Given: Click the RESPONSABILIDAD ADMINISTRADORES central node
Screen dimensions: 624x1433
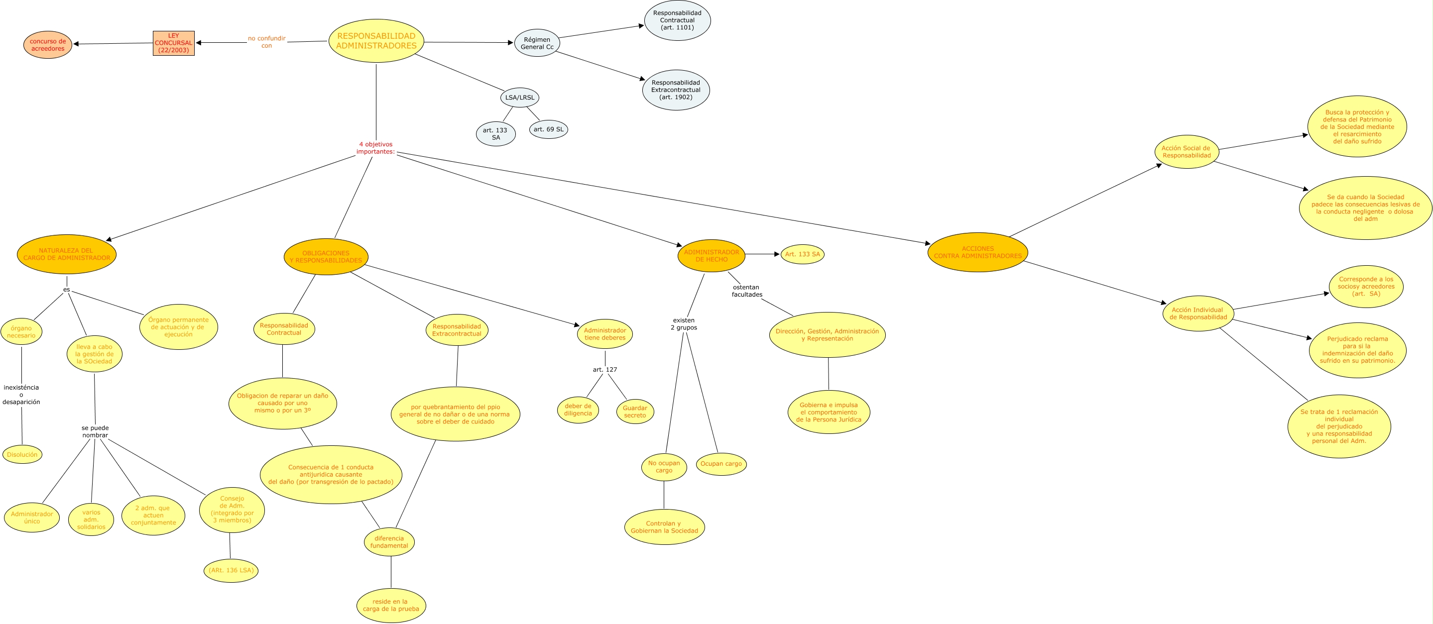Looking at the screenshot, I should (376, 41).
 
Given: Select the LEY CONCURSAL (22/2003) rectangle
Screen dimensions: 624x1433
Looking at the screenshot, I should (174, 43).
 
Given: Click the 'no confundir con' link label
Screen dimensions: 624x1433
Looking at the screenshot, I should (266, 42).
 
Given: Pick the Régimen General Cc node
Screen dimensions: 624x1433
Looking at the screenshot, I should (537, 43).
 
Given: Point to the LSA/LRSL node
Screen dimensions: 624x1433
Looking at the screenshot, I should (519, 98).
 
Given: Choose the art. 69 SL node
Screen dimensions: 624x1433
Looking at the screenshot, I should (549, 129).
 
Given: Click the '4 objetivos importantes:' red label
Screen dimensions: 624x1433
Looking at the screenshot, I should (375, 148).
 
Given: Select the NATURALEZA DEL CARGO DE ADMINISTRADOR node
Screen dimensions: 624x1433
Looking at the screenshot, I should (66, 254).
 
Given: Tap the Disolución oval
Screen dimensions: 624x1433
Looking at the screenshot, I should (22, 454).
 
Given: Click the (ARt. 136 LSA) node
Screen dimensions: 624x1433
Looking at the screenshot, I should (231, 570).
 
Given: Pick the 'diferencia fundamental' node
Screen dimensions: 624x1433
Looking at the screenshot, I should (389, 542).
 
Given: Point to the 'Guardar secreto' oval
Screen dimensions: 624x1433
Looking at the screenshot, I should (635, 412).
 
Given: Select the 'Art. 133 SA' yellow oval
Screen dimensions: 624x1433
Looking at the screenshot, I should (802, 254).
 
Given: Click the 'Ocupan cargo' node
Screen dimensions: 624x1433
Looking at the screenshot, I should (721, 464).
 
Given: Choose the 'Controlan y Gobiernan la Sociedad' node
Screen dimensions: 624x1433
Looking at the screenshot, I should (664, 526).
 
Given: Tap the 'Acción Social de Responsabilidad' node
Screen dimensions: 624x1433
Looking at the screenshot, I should (1187, 152).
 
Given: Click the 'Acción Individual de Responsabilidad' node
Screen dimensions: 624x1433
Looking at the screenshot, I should (1198, 313).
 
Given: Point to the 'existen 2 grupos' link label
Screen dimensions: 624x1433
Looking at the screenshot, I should (684, 323).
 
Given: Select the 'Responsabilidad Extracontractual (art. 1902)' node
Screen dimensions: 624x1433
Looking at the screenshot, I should (676, 90).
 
